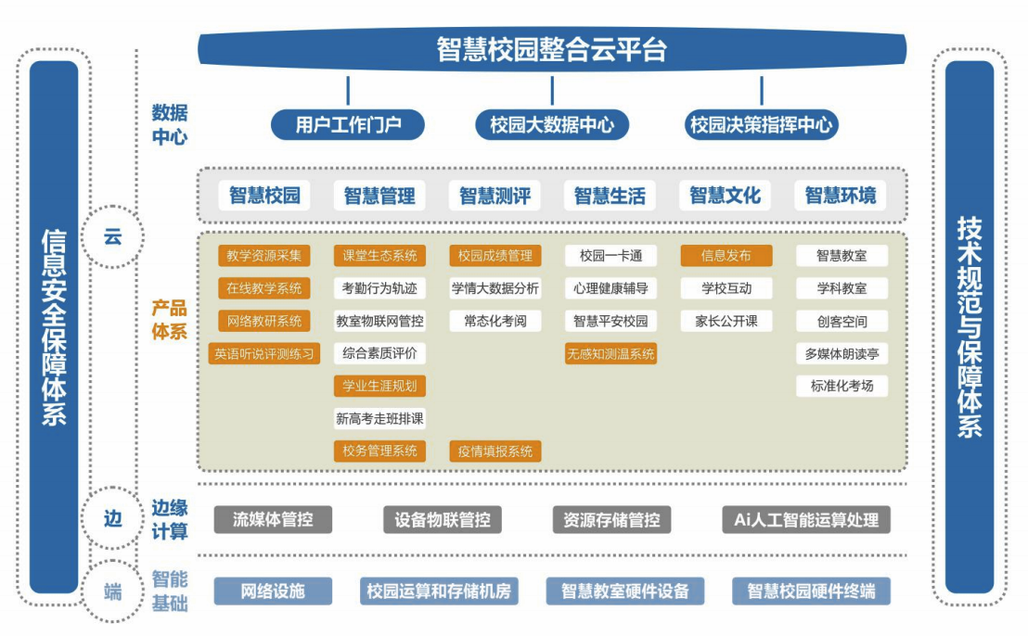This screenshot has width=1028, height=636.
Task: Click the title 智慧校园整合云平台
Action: coord(551,49)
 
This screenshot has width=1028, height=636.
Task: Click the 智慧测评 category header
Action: coord(495,196)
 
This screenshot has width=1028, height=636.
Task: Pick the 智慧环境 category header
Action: coord(840,196)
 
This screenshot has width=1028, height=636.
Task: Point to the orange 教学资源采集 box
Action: coord(264,256)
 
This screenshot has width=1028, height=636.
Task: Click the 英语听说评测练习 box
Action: coord(264,353)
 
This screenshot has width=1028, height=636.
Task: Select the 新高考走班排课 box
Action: coord(379,419)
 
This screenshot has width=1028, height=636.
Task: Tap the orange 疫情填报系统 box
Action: coord(495,452)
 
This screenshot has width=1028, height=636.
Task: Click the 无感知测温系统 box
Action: coord(610,353)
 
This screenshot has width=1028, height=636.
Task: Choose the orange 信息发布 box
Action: coord(726,256)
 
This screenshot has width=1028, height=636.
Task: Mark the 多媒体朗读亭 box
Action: coord(842,353)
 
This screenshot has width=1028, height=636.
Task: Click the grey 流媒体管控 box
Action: coord(273,519)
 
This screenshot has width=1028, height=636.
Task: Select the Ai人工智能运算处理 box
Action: coord(806,519)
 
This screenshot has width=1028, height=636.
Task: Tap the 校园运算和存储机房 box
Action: coord(439,591)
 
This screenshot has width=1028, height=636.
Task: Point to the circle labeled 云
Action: coord(112,236)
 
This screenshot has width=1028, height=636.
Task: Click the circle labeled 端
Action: coord(112,591)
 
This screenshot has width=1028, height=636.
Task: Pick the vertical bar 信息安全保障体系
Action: coord(54,326)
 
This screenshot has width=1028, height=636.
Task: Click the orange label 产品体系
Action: coord(170,320)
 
